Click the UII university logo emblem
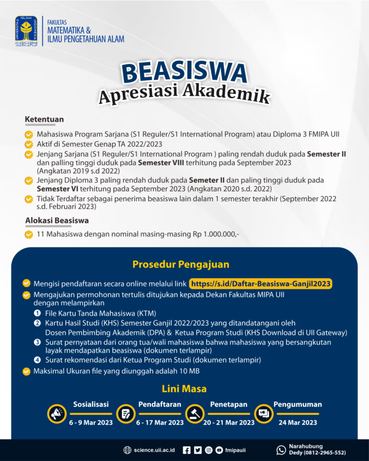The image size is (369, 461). click(x=26, y=31)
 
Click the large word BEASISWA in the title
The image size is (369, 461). click(x=184, y=73)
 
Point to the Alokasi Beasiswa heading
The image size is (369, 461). click(x=57, y=220)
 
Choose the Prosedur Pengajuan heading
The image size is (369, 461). click(x=181, y=264)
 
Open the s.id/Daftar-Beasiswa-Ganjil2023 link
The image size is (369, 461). click(x=261, y=284)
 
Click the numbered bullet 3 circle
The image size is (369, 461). click(x=38, y=342)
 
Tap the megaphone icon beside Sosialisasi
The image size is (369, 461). click(x=57, y=414)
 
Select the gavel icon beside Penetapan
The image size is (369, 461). click(x=194, y=414)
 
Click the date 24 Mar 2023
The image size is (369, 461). click(x=297, y=423)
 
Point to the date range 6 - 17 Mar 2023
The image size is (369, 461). click(x=160, y=423)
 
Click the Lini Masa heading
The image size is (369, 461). click(x=184, y=388)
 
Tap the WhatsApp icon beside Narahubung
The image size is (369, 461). click(x=281, y=450)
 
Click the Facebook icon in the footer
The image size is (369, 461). click(x=187, y=450)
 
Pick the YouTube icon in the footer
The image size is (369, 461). click(x=219, y=450)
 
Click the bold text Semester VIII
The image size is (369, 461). click(x=159, y=162)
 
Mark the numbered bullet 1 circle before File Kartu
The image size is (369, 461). click(x=38, y=313)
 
